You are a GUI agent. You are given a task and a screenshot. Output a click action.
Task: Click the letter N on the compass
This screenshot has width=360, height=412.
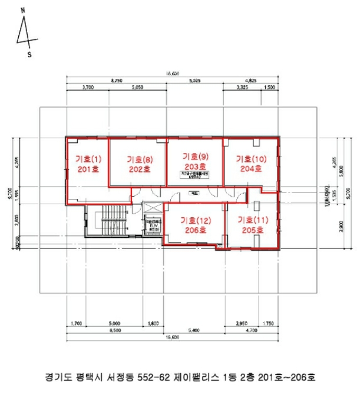[x=22, y=11]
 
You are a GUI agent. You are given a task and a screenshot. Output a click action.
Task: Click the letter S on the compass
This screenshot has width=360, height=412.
[x=29, y=55]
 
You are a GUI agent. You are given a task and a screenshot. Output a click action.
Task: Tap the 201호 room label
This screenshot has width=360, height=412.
[x=89, y=169]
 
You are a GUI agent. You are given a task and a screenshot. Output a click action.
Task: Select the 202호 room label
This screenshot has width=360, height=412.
[x=140, y=169]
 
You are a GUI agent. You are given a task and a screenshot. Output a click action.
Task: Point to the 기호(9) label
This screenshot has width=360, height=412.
[x=196, y=157]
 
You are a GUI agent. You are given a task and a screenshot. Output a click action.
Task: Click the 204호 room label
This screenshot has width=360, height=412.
[x=250, y=169]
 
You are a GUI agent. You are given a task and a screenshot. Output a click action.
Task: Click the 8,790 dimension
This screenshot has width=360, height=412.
[x=116, y=81]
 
